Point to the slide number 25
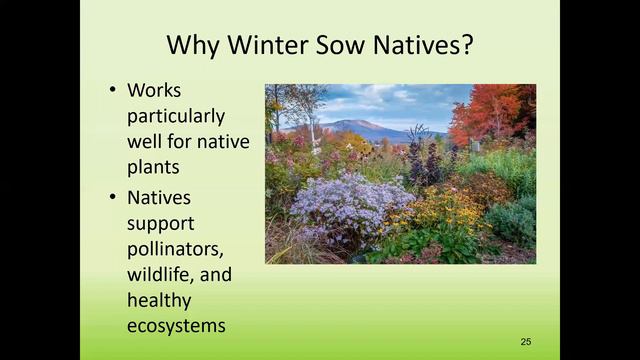tap(526, 342)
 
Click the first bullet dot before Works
tap(113, 90)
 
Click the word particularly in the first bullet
tap(176, 116)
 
